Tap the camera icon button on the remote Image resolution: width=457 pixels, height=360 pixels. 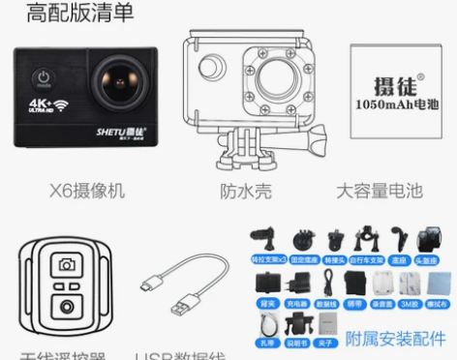[x=67, y=264]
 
